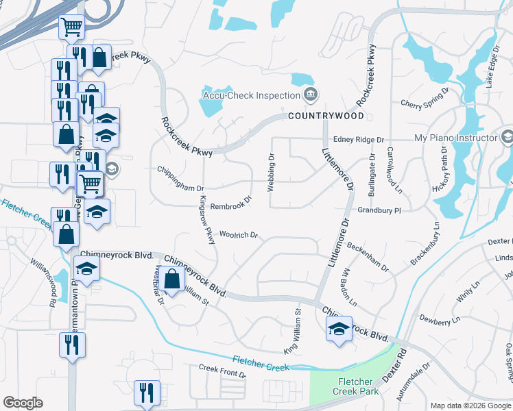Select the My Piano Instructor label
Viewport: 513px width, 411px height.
point(455,138)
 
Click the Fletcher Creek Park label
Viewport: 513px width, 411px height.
point(355,386)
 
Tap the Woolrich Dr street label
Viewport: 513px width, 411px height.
point(238,235)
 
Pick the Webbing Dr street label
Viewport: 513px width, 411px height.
point(272,172)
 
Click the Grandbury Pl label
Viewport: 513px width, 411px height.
point(378,211)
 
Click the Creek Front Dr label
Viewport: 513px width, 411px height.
point(222,372)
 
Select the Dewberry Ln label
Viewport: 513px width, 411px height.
point(440,320)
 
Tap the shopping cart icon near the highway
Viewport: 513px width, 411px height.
point(71,27)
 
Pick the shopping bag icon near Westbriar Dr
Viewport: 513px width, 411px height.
point(172,279)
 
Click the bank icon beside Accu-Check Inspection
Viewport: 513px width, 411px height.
point(311,94)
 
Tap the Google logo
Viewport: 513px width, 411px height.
point(23,403)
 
